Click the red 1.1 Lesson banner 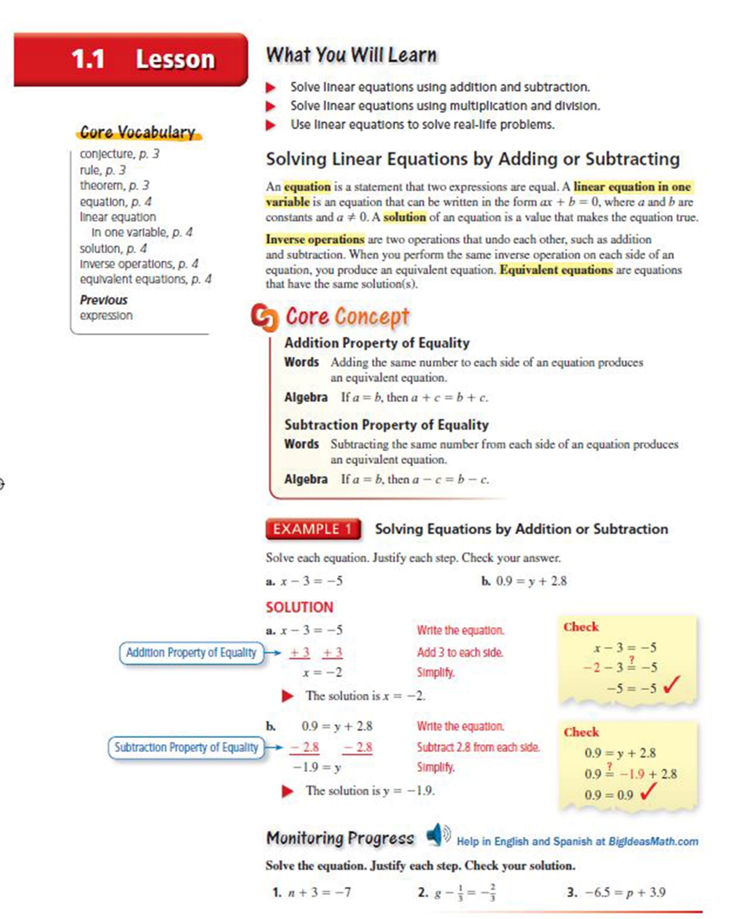pyautogui.click(x=130, y=59)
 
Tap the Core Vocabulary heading pyautogui.click(x=138, y=132)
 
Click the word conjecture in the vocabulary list pyautogui.click(x=106, y=154)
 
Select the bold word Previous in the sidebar pyautogui.click(x=103, y=300)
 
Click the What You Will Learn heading pyautogui.click(x=351, y=55)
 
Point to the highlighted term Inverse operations pyautogui.click(x=315, y=240)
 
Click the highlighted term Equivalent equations pyautogui.click(x=556, y=270)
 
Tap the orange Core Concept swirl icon pyautogui.click(x=264, y=317)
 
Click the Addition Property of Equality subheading pyautogui.click(x=377, y=343)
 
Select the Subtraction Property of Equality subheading pyautogui.click(x=386, y=425)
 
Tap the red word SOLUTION pyautogui.click(x=299, y=607)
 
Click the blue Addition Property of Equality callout pyautogui.click(x=191, y=653)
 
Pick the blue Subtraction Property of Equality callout pyautogui.click(x=186, y=748)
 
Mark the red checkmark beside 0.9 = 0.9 pyautogui.click(x=648, y=792)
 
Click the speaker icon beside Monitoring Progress pyautogui.click(x=437, y=835)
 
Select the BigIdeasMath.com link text pyautogui.click(x=653, y=841)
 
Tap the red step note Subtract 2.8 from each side pyautogui.click(x=478, y=748)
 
